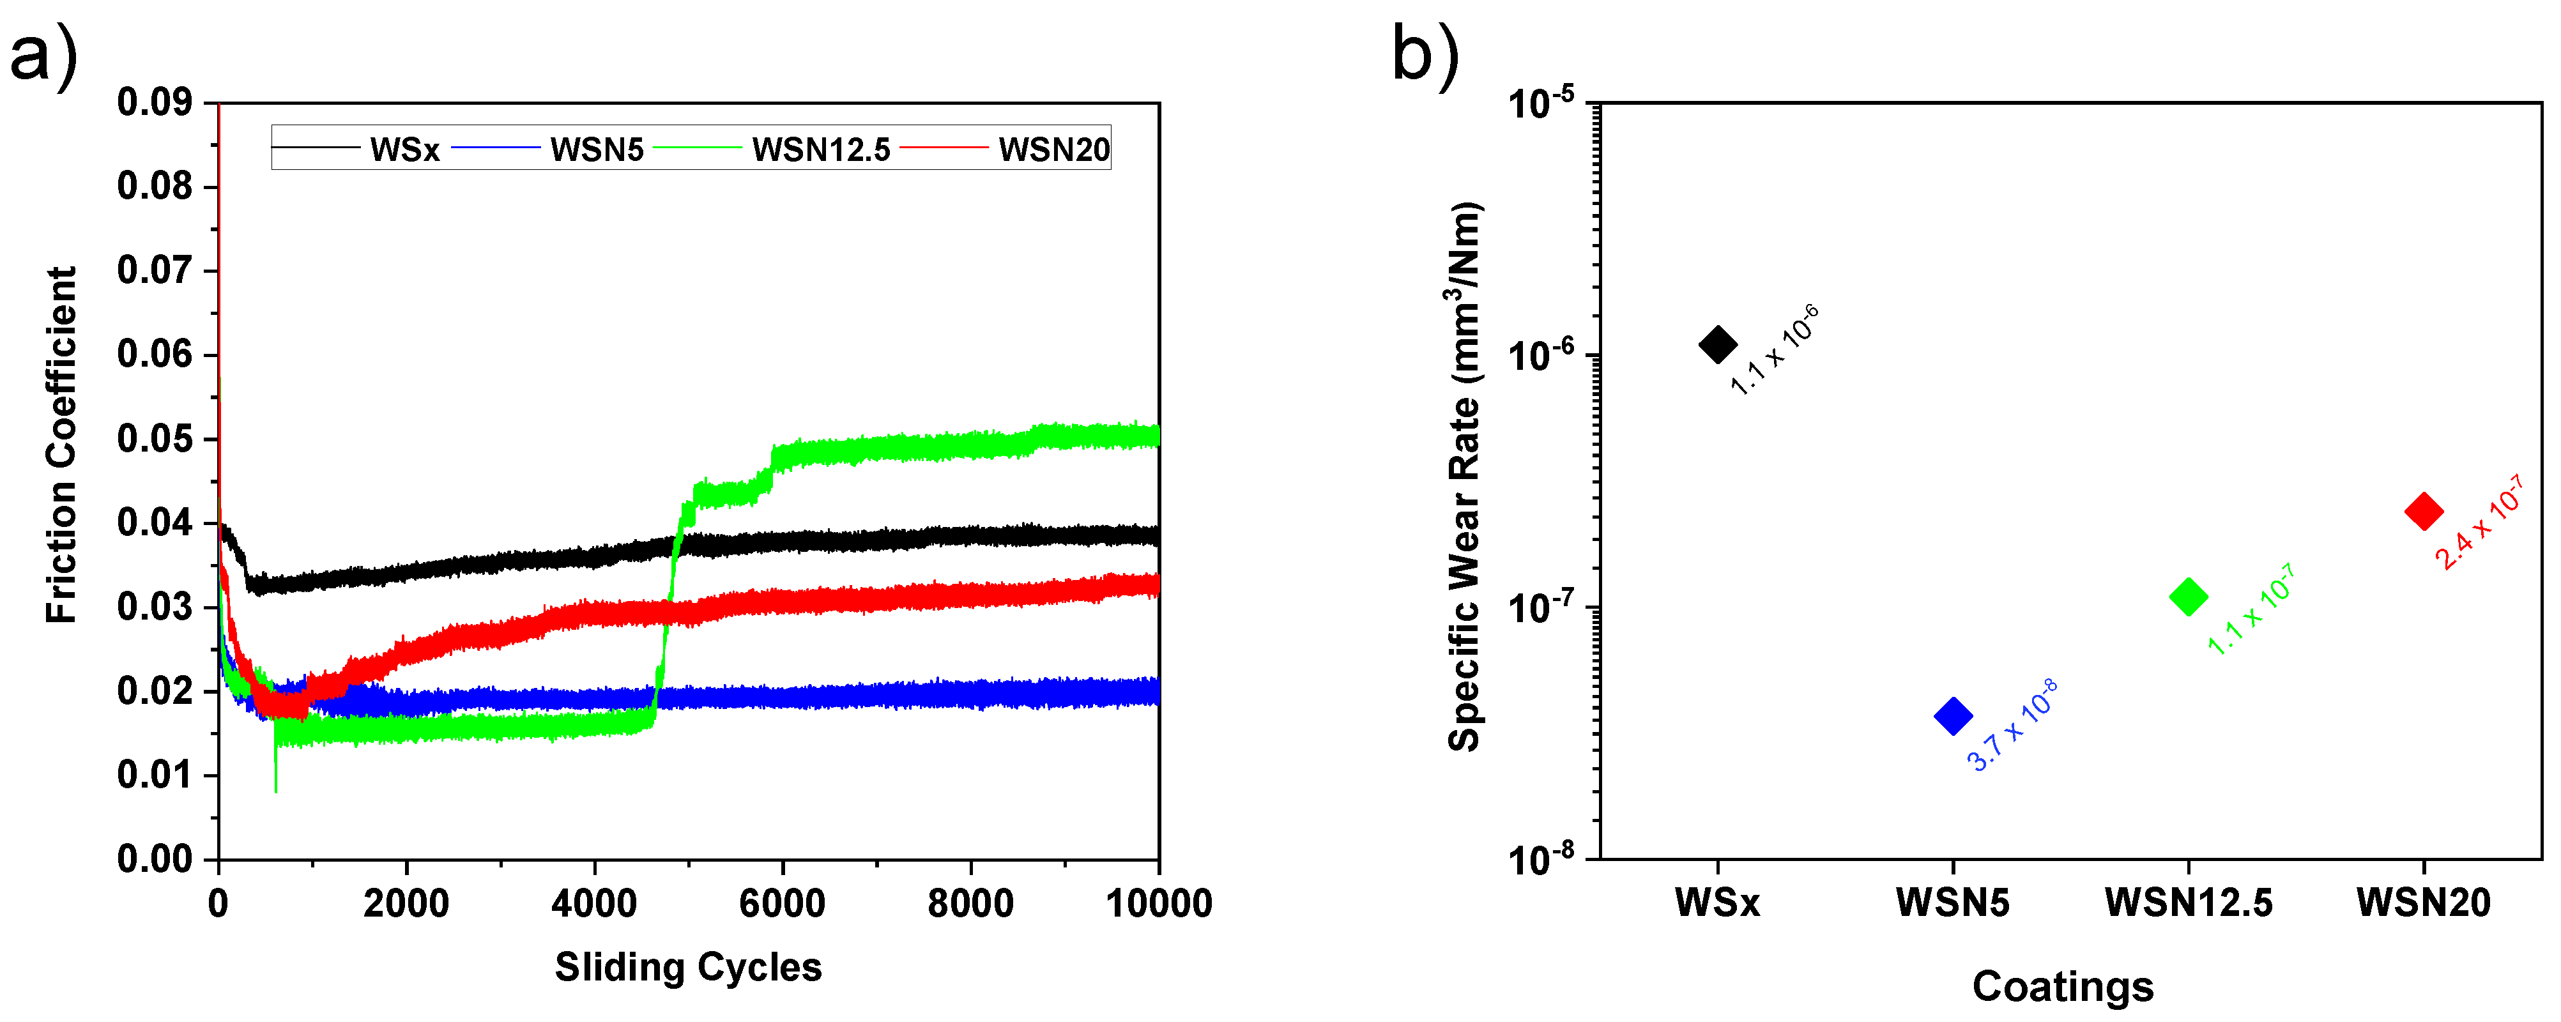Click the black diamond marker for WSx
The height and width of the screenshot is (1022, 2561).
(1717, 345)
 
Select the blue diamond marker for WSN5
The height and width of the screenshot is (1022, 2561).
(1953, 716)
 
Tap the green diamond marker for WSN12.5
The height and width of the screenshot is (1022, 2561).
(2187, 597)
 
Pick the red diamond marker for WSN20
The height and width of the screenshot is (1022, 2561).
(2423, 511)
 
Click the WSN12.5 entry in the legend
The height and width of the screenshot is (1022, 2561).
(820, 149)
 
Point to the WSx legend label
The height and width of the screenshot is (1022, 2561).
(404, 149)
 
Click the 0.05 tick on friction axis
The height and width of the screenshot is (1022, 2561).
(154, 438)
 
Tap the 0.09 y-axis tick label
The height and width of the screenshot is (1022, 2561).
(154, 102)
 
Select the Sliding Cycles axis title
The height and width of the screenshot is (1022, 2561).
(688, 966)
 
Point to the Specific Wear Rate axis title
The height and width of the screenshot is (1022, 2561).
(1464, 477)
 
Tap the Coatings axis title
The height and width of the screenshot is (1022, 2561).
(2062, 986)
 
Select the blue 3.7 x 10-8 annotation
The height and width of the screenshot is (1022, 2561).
(2011, 725)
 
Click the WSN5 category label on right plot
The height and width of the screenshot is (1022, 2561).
(1953, 903)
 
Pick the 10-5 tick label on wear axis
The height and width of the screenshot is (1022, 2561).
(1540, 102)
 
